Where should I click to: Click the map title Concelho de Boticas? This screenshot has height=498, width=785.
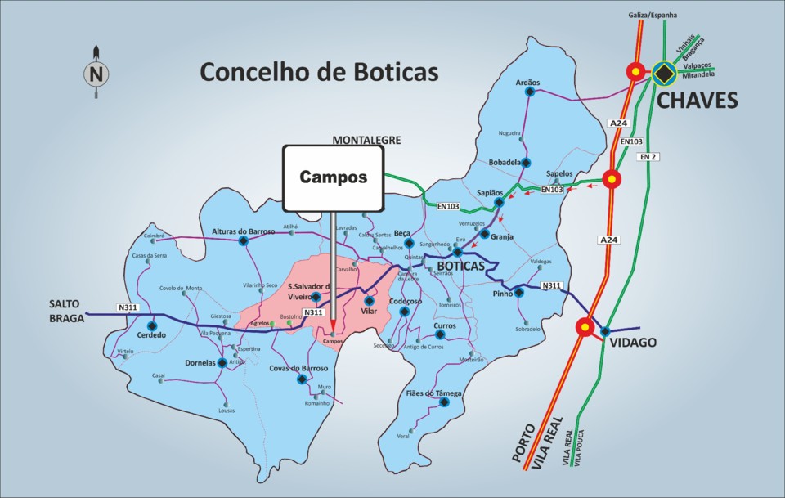[320, 72]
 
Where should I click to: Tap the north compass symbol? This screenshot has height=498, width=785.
[96, 74]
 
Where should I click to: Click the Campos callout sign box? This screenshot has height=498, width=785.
[333, 177]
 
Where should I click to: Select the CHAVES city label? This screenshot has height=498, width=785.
[698, 101]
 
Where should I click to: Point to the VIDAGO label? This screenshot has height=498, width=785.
[633, 342]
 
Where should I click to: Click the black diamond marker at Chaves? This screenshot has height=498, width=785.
[664, 73]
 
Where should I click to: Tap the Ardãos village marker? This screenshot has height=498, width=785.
[529, 92]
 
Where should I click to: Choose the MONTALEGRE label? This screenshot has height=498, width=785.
[366, 140]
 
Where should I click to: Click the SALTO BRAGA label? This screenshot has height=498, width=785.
[65, 312]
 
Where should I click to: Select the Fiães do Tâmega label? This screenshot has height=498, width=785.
[434, 393]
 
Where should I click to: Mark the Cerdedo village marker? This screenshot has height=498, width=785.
[151, 325]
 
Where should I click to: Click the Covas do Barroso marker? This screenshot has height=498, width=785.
[303, 379]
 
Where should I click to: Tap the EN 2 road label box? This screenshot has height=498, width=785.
[649, 155]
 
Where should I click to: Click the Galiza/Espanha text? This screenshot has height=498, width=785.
[653, 15]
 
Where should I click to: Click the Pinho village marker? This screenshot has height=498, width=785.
[519, 293]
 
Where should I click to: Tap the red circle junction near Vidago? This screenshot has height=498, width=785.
[585, 328]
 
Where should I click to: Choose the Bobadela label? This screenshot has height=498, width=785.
[505, 163]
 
